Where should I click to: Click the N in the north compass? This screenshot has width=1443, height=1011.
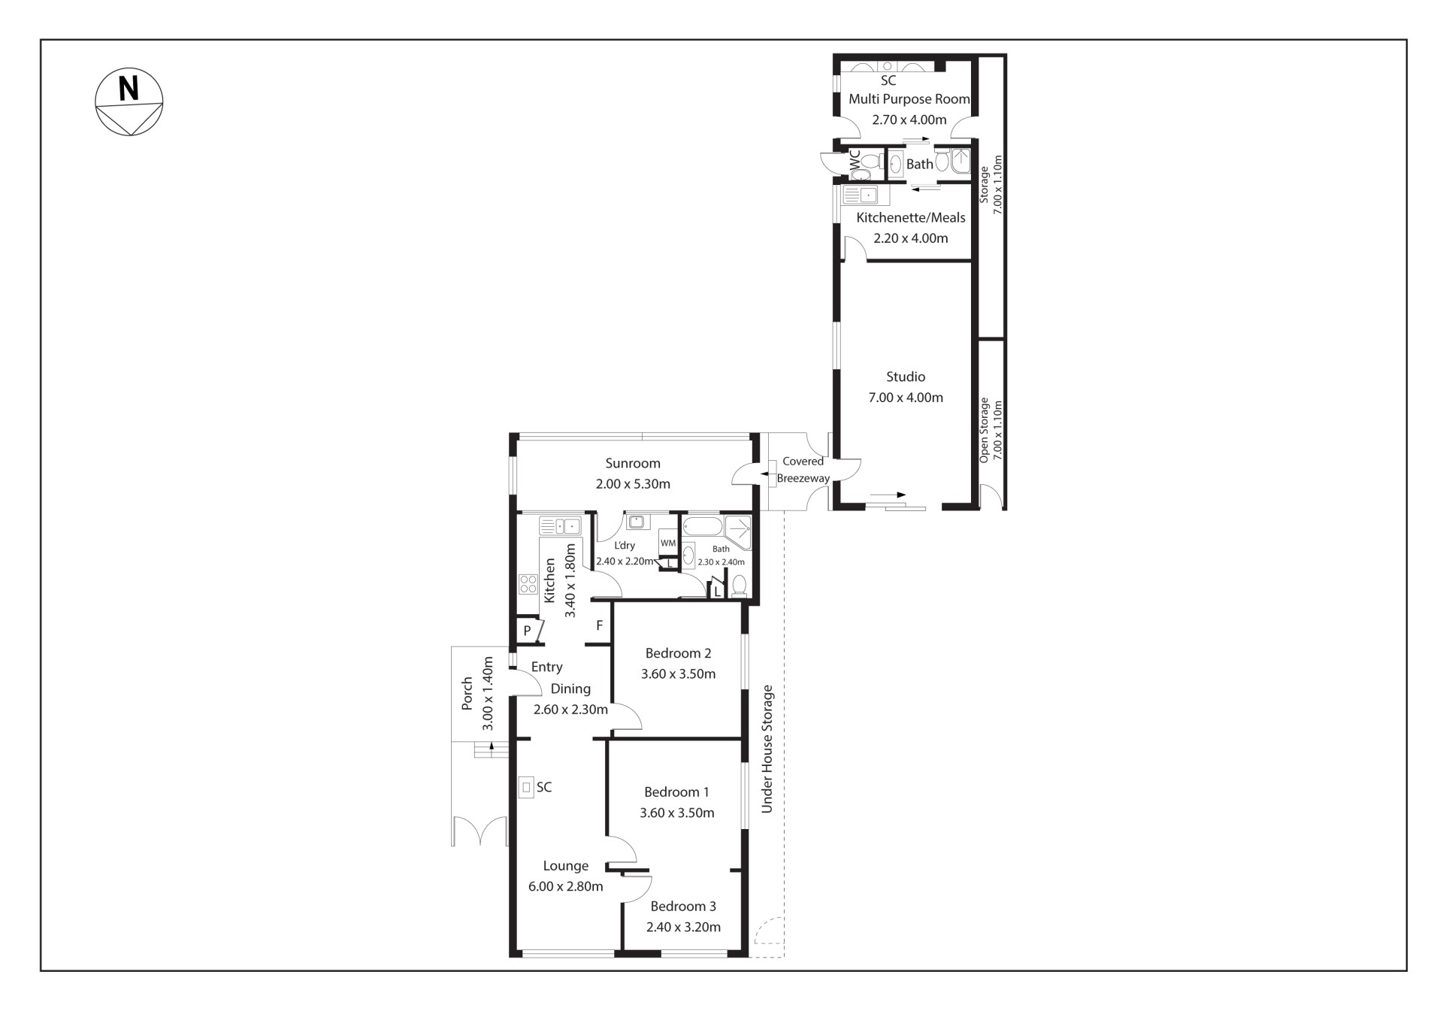[129, 88]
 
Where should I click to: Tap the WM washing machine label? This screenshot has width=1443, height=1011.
[668, 543]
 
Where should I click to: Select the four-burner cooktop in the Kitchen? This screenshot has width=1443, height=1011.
[528, 584]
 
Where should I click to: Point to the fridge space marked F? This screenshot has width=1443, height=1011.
[599, 625]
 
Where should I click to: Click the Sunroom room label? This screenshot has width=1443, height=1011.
[633, 463]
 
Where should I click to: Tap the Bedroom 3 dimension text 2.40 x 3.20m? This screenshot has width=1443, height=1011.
[683, 927]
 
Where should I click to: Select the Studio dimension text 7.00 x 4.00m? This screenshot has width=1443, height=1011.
[906, 398]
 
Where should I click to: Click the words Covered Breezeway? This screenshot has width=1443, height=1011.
[803, 470]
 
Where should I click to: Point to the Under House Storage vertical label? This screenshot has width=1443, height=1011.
[767, 749]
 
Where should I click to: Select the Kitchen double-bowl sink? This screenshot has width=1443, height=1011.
[560, 525]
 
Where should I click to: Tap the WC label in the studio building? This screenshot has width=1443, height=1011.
[855, 160]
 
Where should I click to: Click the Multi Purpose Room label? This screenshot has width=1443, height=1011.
[909, 99]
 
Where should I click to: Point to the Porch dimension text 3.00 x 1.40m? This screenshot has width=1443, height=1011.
[487, 693]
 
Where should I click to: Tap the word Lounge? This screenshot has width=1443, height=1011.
[566, 866]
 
